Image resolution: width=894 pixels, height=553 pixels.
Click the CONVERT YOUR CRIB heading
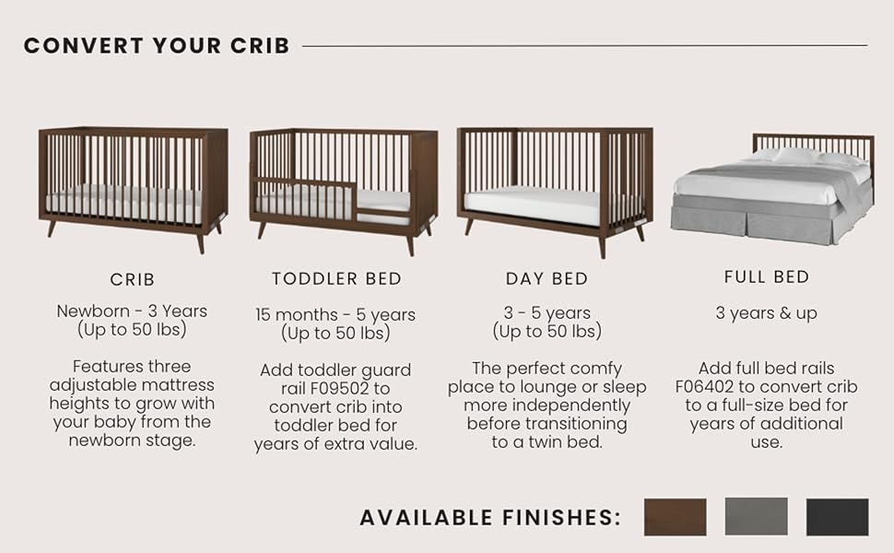157,45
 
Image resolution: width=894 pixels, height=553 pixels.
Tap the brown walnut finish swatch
675,517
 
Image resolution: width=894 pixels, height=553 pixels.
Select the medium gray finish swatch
756,516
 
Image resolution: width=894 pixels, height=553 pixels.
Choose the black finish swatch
838,517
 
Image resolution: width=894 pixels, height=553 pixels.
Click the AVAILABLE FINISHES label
490,518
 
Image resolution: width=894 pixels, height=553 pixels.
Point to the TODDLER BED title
337,278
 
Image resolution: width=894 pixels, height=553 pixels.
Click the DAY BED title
547,278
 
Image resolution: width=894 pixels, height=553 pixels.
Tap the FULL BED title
767,277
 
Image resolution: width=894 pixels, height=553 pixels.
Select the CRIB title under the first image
133,279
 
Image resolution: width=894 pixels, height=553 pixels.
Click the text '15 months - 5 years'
335,314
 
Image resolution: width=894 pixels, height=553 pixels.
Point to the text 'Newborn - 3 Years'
132,312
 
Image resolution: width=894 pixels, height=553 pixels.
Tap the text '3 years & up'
766,313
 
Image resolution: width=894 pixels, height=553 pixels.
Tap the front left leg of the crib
52,228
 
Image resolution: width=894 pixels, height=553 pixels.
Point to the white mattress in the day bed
533,204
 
